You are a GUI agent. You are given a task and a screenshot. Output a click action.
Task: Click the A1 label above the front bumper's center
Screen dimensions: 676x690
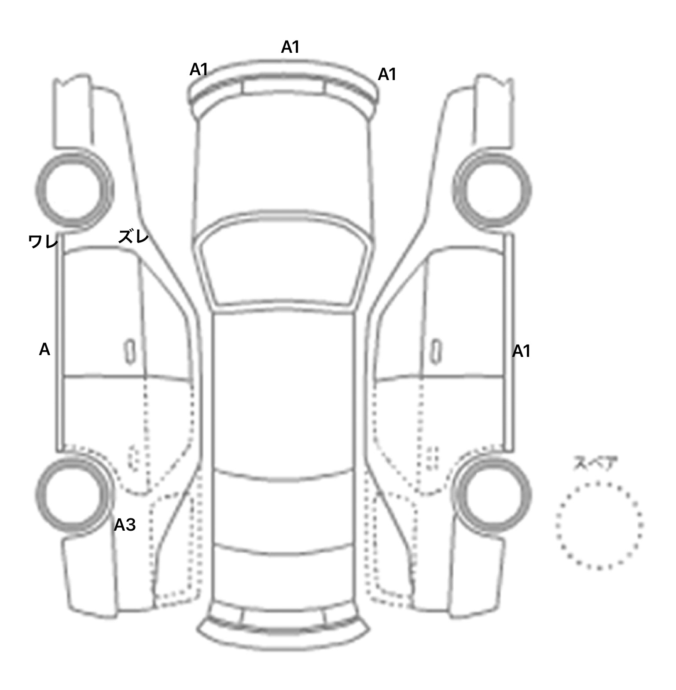coord(290,47)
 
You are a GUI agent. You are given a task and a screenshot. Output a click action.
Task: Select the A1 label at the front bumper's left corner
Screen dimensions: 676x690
coord(198,70)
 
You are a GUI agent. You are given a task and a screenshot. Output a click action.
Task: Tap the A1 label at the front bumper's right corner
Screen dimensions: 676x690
coord(387,75)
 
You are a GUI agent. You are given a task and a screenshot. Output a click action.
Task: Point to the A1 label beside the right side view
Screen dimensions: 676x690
coord(522,352)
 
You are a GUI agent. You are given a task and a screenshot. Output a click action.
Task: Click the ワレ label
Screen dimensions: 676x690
coord(43,242)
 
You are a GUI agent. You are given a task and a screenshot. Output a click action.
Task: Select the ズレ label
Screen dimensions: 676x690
coord(133,237)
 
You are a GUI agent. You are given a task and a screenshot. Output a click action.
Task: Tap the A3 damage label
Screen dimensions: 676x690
coord(125,525)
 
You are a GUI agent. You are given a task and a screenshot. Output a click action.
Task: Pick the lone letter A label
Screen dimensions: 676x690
coord(44,350)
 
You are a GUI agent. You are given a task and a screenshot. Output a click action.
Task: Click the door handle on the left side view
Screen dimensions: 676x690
coord(130,352)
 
